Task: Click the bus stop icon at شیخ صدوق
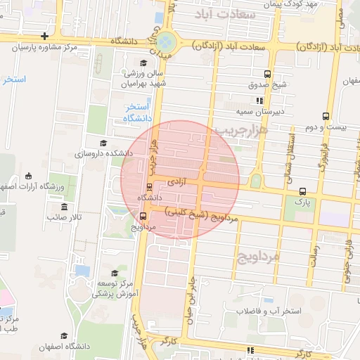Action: tap(267, 74)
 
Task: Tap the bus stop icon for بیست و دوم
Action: tap(325, 116)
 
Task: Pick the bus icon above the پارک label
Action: tap(302, 191)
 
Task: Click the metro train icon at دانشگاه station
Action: tap(148, 187)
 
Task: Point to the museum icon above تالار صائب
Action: tap(64, 207)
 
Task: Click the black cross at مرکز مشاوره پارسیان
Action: tap(45, 36)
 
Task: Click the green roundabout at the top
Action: tap(167, 41)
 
